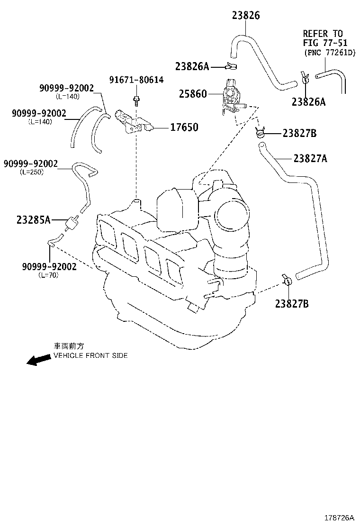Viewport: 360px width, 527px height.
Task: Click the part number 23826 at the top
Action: (246, 16)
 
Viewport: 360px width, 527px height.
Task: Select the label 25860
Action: (193, 94)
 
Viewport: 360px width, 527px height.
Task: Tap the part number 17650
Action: (184, 127)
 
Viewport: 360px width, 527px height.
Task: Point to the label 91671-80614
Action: (137, 80)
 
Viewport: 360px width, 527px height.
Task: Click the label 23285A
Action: (33, 220)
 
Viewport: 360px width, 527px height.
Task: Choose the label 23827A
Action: (310, 158)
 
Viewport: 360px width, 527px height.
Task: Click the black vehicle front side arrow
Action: (38, 360)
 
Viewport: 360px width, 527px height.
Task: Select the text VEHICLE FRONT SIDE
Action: (90, 355)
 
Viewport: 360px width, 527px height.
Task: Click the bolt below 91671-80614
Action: (136, 100)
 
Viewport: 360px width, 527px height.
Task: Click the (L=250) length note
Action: (32, 172)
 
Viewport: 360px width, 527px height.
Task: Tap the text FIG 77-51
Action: (323, 43)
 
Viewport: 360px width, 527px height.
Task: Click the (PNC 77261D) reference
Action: (329, 52)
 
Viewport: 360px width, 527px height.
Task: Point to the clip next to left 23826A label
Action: (232, 66)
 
